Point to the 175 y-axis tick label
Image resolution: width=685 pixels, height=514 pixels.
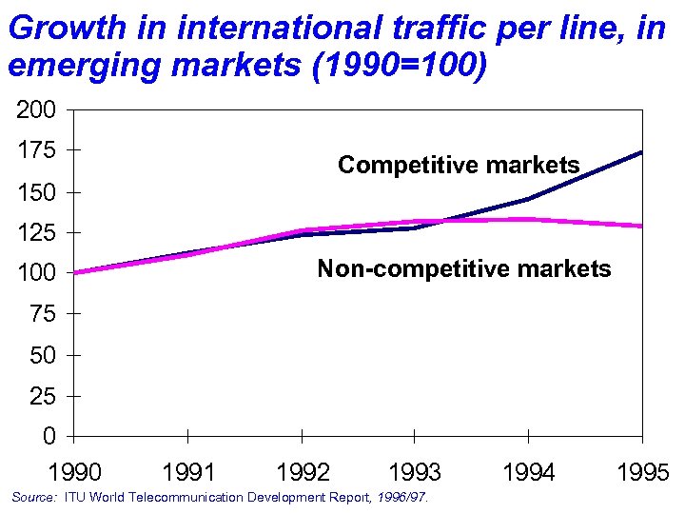[36, 150]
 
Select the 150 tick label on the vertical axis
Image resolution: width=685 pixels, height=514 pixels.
[36, 191]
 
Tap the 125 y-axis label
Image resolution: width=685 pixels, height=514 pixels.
[36, 232]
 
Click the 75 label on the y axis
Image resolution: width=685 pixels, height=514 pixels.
[42, 314]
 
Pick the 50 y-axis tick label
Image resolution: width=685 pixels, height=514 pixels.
[42, 355]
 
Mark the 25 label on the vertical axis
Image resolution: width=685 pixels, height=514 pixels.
[42, 396]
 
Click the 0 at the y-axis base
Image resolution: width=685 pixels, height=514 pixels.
[49, 436]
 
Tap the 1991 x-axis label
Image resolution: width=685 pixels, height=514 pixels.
[188, 472]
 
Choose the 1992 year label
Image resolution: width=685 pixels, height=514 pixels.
[303, 472]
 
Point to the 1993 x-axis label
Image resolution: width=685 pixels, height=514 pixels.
[415, 472]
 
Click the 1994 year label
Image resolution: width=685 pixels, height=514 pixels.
[528, 472]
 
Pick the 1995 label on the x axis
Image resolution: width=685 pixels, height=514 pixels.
[642, 472]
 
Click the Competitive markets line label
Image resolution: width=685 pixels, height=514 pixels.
[459, 165]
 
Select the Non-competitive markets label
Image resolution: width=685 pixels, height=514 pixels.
[464, 268]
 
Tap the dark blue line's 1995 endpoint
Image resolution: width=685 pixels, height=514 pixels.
[641, 152]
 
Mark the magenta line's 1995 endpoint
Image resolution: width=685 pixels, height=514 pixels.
[641, 226]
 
